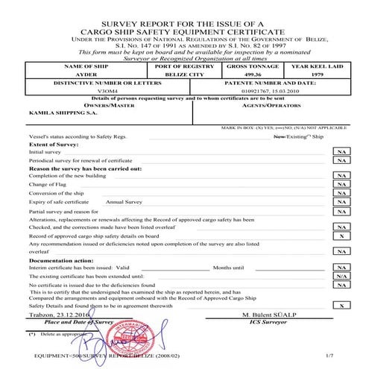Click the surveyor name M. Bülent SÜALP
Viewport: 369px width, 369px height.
coord(268,316)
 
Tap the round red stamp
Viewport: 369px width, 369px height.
coord(146,333)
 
